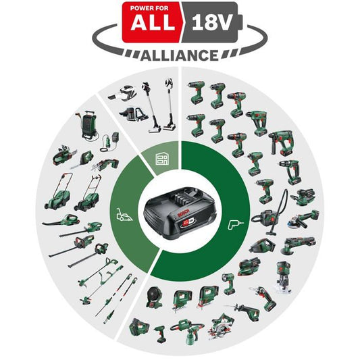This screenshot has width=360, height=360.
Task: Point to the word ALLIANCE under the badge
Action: click(180, 55)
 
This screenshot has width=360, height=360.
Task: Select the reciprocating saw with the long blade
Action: click(244, 311)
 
